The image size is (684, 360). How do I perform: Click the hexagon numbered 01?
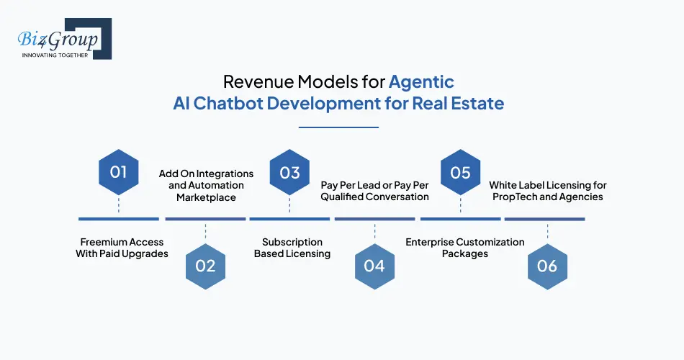(118, 173)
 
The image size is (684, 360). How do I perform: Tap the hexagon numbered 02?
(205, 266)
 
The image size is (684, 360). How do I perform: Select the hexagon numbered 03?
(289, 173)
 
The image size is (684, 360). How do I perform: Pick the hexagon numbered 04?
(374, 266)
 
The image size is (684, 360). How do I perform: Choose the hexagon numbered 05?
(460, 173)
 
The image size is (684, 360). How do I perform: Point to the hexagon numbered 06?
(547, 266)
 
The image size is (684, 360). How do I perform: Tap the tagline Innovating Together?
(55, 55)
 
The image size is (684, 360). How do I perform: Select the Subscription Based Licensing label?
(292, 248)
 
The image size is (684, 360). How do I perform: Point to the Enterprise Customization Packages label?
(464, 248)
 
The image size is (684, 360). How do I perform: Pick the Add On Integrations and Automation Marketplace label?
(206, 186)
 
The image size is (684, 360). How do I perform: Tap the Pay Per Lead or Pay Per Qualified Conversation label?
(374, 191)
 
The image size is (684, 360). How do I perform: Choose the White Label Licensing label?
(547, 191)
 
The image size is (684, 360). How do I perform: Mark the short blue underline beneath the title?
(338, 127)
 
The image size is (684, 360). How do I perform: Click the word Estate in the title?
(479, 103)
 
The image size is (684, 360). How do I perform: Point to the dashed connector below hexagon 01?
(118, 207)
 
